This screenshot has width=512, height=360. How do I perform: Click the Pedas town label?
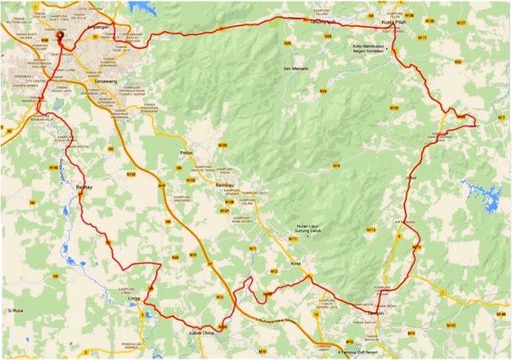click(187, 152)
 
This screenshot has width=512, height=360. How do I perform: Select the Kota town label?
click(295, 263)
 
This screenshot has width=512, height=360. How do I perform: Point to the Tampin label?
click(375, 315)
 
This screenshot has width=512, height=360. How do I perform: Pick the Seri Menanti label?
click(297, 68)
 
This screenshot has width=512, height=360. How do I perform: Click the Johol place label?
click(410, 177)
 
